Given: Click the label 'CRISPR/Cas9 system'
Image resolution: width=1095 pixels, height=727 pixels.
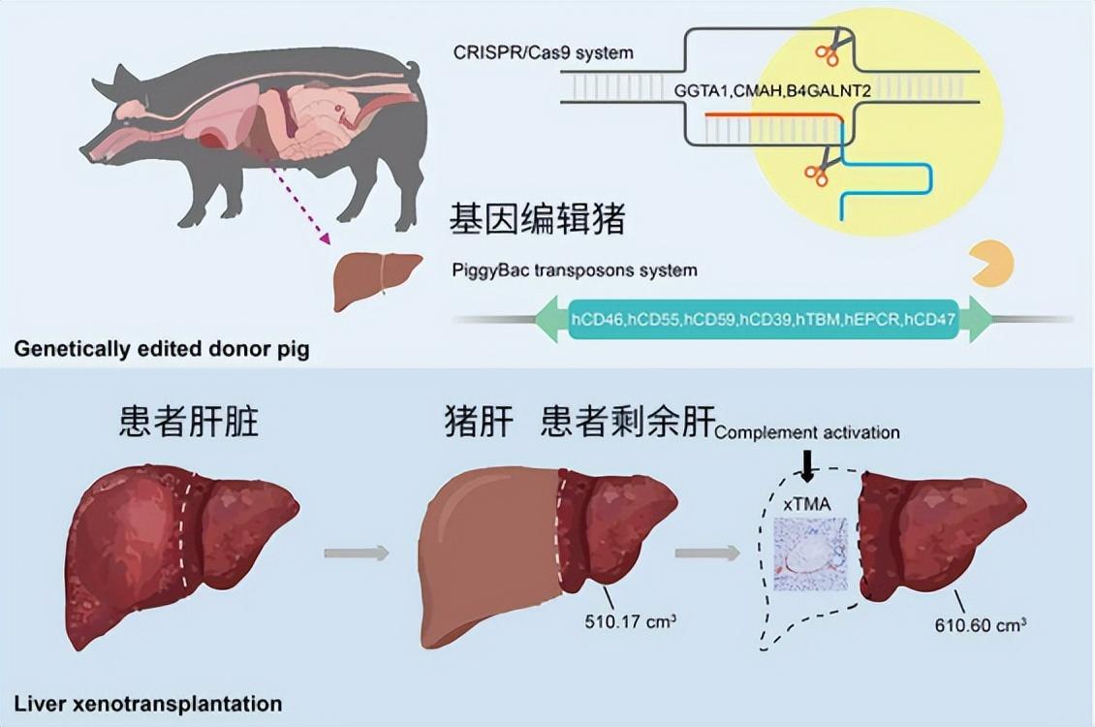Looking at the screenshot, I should (x=543, y=51).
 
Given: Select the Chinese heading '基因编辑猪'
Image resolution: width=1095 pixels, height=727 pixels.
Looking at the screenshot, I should (x=535, y=220).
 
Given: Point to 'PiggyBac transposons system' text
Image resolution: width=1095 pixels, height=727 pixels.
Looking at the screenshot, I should (x=574, y=269).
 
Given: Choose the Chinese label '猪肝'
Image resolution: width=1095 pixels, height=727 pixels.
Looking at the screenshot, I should (x=478, y=423).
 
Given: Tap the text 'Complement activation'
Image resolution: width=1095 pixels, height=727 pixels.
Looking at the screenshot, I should (x=807, y=432).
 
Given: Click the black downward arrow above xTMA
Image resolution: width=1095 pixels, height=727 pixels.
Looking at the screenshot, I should (x=807, y=466).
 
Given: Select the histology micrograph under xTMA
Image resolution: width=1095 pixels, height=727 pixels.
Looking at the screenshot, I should (x=810, y=554).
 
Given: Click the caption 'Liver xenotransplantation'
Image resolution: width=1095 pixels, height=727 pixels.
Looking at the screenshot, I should (x=148, y=703).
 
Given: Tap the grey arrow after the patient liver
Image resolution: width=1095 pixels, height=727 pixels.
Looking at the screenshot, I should (x=356, y=553).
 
